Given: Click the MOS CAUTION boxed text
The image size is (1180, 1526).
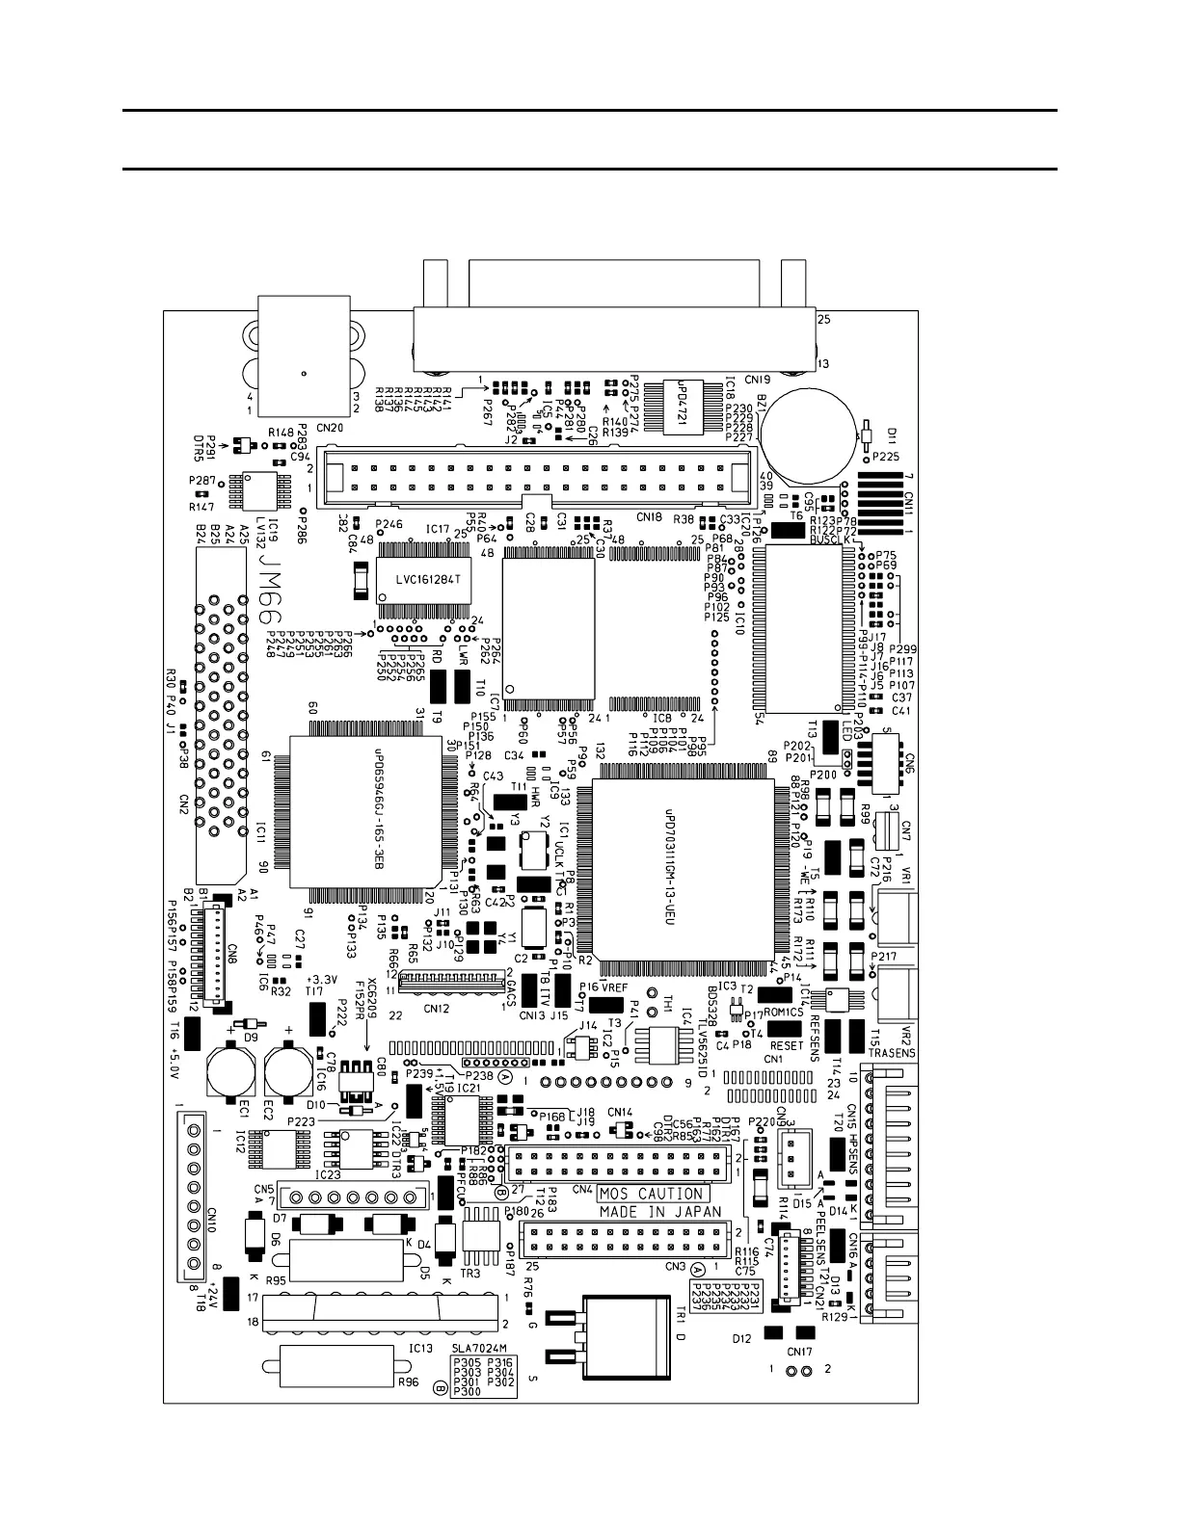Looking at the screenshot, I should click(x=651, y=1194).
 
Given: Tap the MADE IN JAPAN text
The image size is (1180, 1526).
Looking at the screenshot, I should click(x=660, y=1212).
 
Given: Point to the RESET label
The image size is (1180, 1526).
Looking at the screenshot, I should click(x=787, y=1044).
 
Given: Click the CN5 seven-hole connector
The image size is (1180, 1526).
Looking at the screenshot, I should click(x=353, y=1198).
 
